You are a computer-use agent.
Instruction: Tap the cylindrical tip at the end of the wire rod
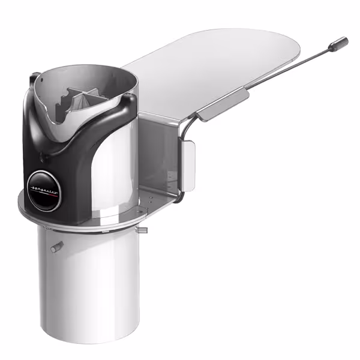[x=340, y=43]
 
